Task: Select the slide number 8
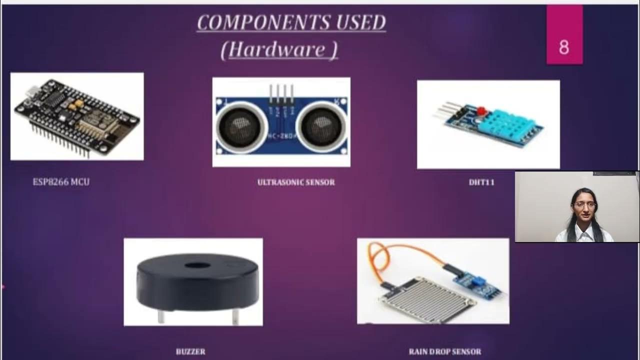click(x=564, y=47)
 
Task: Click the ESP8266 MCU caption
click(x=61, y=182)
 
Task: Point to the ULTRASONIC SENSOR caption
click(x=296, y=182)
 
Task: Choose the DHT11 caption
click(x=481, y=182)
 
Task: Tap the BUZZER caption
click(x=190, y=351)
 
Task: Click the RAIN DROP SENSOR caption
click(x=445, y=351)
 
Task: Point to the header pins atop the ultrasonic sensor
click(x=281, y=93)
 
